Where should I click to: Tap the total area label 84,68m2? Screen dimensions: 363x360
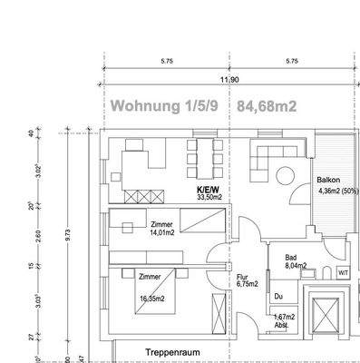pyautogui.click(x=268, y=106)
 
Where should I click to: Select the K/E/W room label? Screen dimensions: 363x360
pyautogui.click(x=209, y=191)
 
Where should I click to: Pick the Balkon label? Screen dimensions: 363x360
pyautogui.click(x=327, y=181)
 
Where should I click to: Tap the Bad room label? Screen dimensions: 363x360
pyautogui.click(x=291, y=259)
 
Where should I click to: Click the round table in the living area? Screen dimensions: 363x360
pyautogui.click(x=287, y=172)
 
